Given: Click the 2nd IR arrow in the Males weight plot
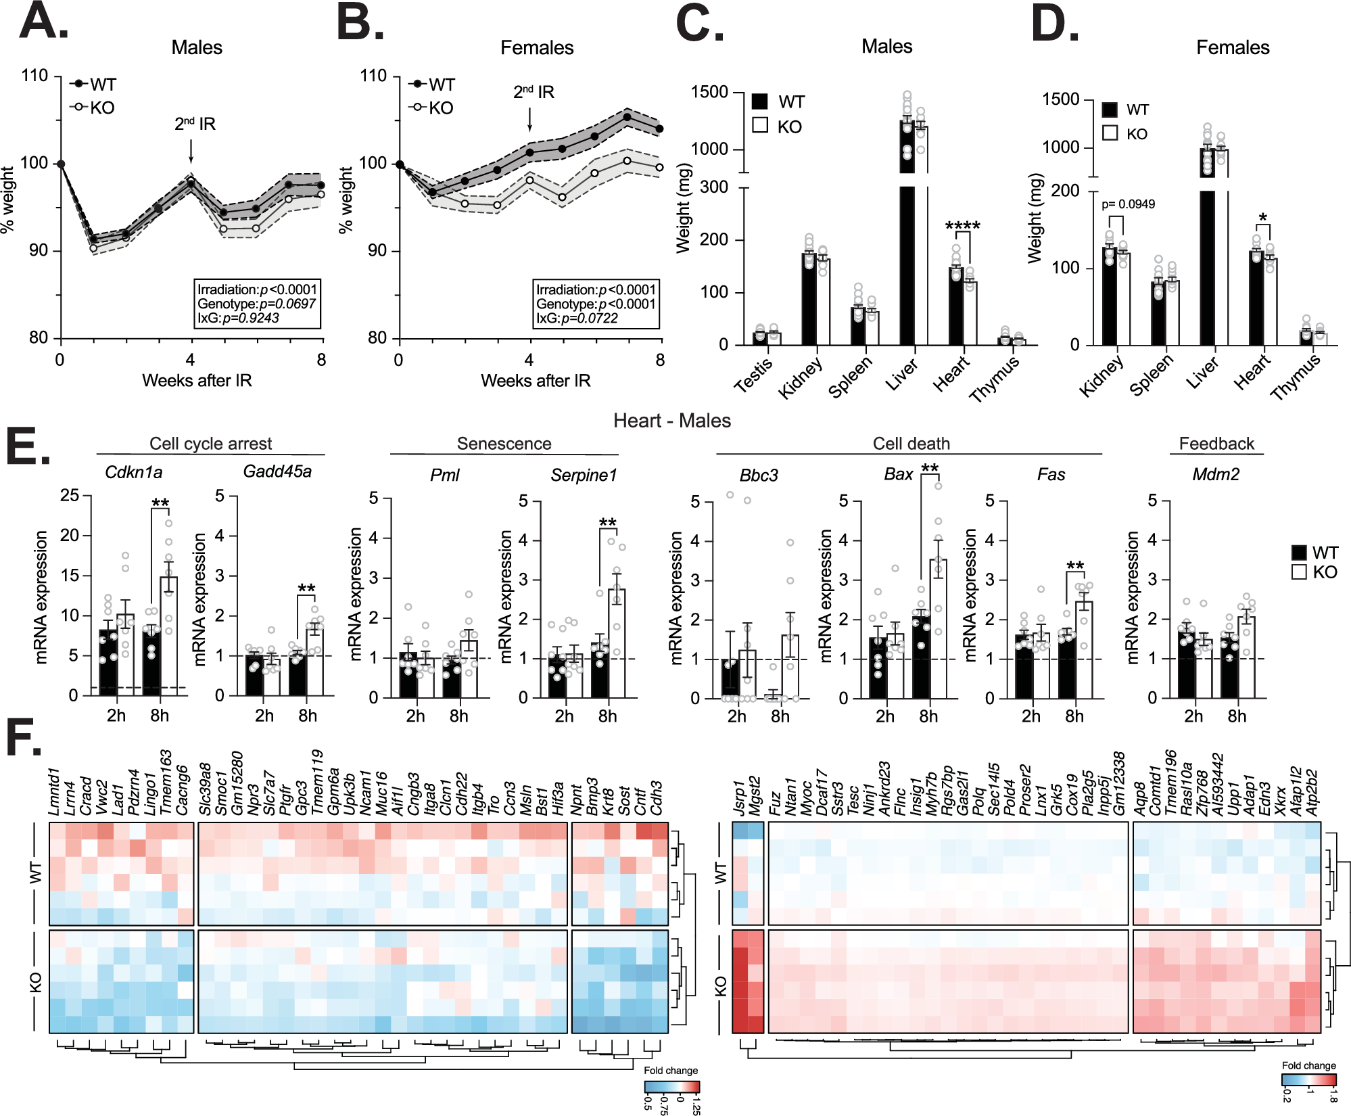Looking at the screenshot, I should (191, 150).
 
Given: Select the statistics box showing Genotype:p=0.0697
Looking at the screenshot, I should (257, 304).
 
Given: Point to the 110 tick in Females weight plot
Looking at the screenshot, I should (373, 75).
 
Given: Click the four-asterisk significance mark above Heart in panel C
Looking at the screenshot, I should (962, 226).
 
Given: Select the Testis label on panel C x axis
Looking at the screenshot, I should (753, 376).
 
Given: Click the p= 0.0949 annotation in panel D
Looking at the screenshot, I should (1128, 204).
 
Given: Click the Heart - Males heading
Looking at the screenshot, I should (671, 421).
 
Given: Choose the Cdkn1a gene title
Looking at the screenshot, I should (133, 472).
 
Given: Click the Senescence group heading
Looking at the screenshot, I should (504, 444).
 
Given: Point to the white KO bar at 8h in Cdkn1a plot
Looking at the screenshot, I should (168, 636).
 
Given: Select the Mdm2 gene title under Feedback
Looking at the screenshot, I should (1216, 474).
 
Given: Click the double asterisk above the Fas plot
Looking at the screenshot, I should (1075, 565).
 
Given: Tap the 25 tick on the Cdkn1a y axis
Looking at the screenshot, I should (70, 496).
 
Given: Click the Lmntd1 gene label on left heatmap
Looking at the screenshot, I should (55, 791).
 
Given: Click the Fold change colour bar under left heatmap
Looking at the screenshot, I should (671, 1087).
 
